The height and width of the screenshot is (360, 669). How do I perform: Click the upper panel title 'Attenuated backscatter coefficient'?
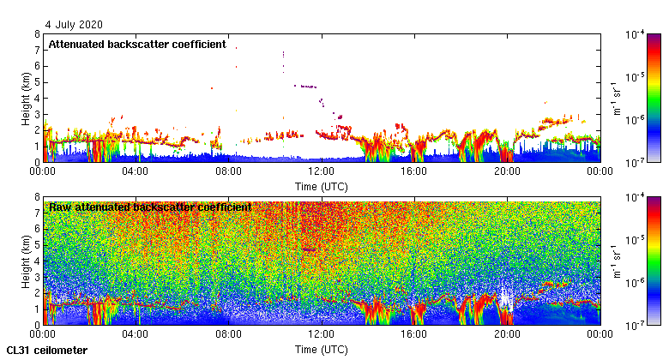pos(137,44)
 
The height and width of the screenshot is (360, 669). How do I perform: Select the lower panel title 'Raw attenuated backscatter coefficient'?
pos(150,207)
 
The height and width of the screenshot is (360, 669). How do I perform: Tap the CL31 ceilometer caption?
pos(46,350)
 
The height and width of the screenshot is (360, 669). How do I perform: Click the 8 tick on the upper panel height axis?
pos(36,34)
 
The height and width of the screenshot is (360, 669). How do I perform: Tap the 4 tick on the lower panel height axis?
pos(36,261)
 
